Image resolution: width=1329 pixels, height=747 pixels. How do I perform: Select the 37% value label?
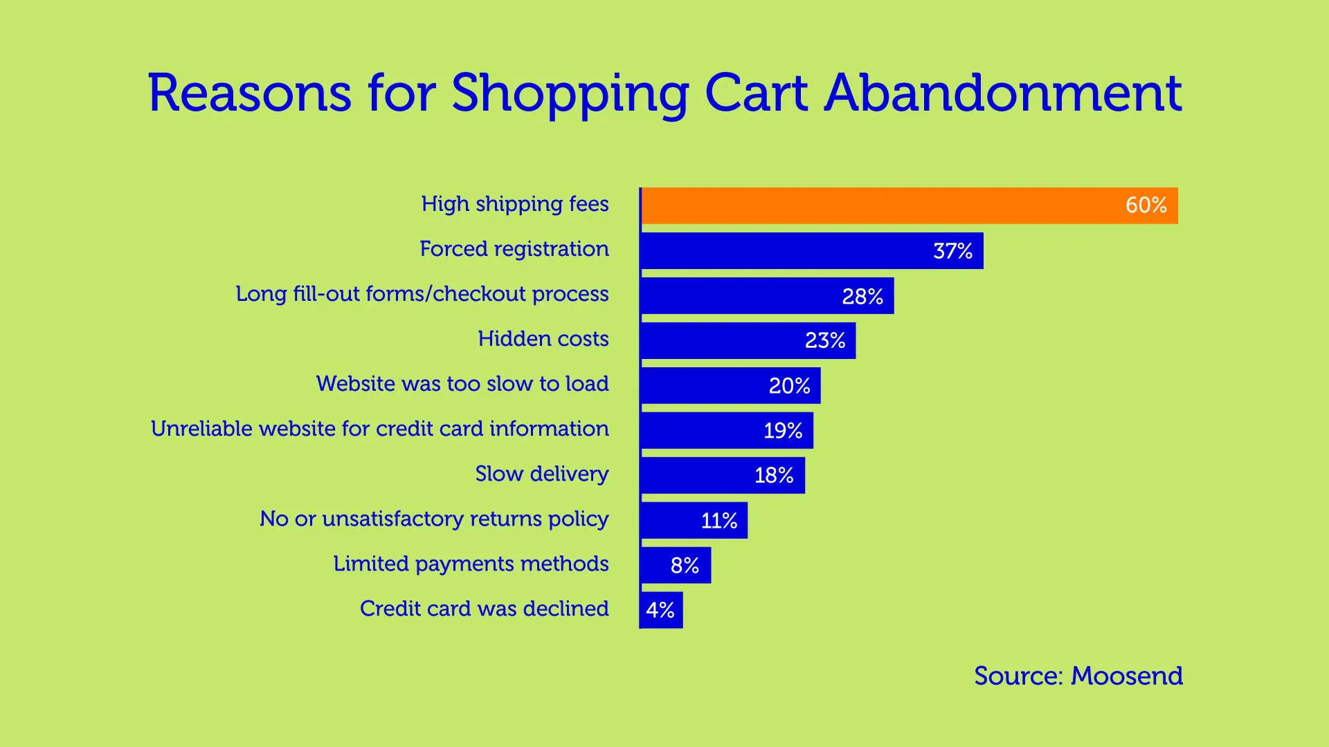952,251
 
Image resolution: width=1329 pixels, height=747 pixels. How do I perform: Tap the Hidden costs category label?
543,339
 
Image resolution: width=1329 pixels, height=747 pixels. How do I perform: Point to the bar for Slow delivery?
699,475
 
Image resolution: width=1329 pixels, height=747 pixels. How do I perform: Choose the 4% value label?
660,610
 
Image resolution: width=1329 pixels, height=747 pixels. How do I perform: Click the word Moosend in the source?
1126,676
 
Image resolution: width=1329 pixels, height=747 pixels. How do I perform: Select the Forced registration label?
514,249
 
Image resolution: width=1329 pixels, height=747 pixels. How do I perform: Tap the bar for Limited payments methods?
658,565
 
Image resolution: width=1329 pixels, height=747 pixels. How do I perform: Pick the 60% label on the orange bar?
1146,205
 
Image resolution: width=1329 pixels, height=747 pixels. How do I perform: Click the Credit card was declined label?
484,609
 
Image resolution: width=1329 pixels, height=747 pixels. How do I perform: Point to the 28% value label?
862,297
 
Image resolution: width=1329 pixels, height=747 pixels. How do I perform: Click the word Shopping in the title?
570,94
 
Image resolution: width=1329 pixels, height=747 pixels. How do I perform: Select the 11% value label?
718,521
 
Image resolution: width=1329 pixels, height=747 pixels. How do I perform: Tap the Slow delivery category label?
541,474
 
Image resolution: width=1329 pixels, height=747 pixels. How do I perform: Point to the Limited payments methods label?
471,564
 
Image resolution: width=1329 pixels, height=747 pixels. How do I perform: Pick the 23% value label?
824,341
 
